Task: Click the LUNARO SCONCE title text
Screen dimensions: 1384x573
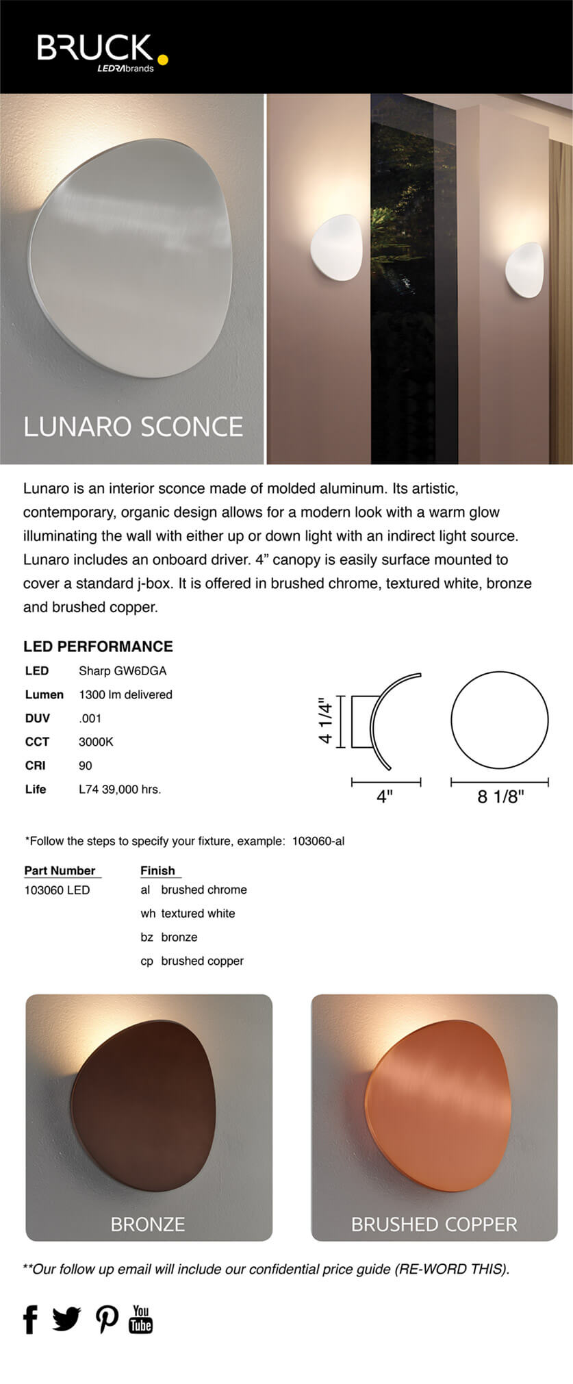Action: (x=133, y=427)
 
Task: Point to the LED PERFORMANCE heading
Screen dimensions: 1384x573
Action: (x=98, y=646)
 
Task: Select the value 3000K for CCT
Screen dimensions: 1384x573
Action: (x=96, y=742)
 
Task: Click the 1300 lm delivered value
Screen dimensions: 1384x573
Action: (x=125, y=694)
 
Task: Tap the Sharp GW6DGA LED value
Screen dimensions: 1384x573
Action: (x=123, y=670)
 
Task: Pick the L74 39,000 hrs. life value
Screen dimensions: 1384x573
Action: (x=120, y=789)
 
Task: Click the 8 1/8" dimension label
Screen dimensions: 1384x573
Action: (x=500, y=796)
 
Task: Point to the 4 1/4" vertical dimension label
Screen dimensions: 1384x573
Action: (x=326, y=721)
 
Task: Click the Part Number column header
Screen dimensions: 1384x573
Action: (x=60, y=870)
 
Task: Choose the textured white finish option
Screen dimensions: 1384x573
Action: (x=197, y=914)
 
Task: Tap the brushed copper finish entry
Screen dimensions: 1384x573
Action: (x=201, y=961)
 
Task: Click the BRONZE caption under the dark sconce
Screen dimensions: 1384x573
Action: (x=148, y=1224)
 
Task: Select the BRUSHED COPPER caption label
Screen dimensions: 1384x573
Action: (x=434, y=1224)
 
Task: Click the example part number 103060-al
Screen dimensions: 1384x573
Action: (x=318, y=841)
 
